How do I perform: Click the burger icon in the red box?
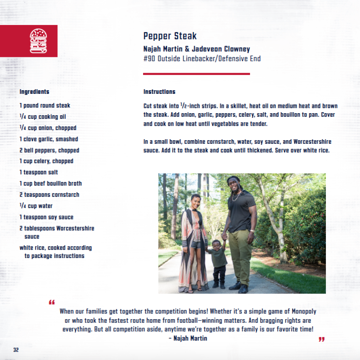point(38,41)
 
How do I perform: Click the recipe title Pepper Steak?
point(170,36)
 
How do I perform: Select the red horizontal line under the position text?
point(196,74)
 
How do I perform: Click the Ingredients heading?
point(34,92)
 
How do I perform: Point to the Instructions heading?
point(159,92)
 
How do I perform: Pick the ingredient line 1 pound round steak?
point(45,105)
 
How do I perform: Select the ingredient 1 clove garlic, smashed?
point(49,139)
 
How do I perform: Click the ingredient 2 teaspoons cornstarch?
point(49,195)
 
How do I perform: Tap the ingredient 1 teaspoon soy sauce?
point(46,217)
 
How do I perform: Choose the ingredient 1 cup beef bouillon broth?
point(51,184)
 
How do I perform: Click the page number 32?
point(16,350)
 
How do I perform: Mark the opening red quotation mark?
point(52,302)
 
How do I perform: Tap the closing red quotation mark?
point(321,339)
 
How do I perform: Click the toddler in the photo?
point(218,262)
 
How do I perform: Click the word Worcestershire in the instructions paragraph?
point(309,142)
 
